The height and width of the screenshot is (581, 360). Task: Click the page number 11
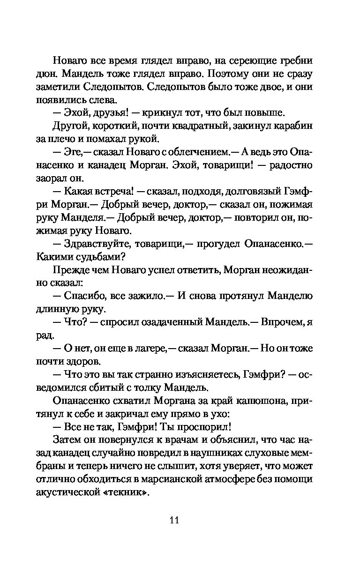174,520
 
